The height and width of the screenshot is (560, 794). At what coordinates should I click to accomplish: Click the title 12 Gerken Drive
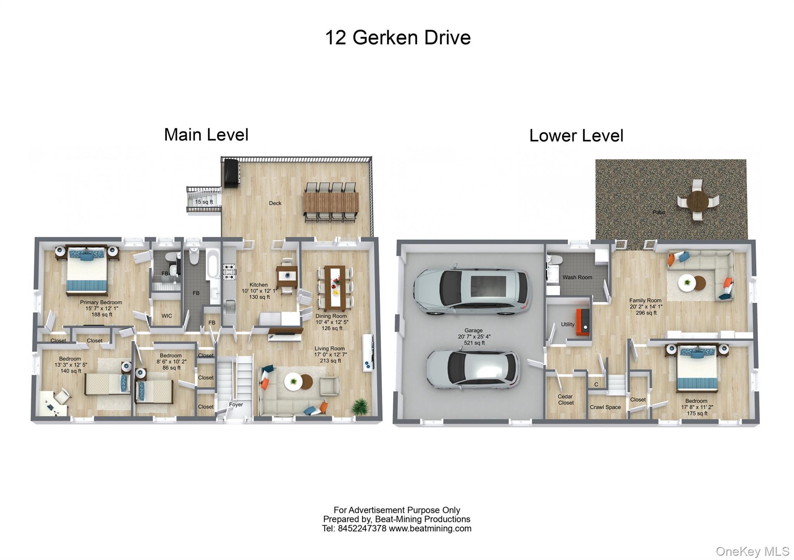pos(398,38)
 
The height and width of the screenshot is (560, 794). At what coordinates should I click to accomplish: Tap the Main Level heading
pos(206,134)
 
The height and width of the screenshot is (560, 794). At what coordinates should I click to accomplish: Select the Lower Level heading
pos(576,136)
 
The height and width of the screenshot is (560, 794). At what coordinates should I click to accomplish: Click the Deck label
pos(275,203)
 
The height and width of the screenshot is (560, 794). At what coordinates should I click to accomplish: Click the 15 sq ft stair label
pos(204,202)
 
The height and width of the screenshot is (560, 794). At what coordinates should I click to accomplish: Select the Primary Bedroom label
pos(101,302)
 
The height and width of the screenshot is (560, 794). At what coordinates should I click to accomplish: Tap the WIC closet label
pos(167,316)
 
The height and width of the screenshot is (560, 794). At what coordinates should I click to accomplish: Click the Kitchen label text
pos(258,285)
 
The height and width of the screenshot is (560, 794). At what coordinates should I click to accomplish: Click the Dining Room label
pos(331,316)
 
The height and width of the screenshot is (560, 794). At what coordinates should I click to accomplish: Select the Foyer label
pos(236,404)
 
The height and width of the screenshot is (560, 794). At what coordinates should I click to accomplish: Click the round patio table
pos(697,201)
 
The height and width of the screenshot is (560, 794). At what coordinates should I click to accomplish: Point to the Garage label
pos(473,330)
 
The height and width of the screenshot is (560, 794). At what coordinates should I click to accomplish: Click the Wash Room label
pos(577,277)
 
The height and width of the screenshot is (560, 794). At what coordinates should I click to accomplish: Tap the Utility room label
pos(568,324)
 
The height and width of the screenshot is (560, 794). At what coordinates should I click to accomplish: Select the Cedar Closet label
pos(566,399)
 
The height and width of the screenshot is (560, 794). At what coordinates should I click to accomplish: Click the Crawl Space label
pos(605,407)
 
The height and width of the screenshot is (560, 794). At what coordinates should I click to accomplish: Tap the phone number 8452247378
pos(362,528)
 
